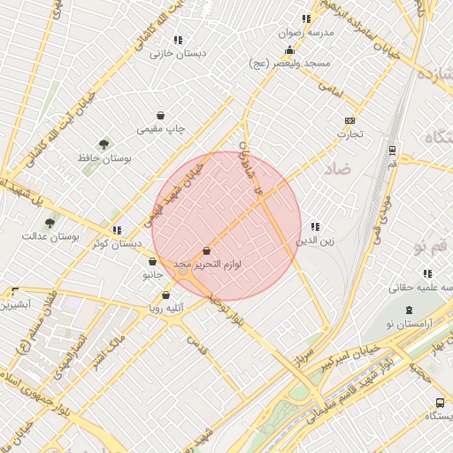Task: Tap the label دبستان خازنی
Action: click(x=178, y=54)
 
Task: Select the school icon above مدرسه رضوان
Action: click(x=306, y=19)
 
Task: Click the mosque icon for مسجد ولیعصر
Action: click(x=289, y=50)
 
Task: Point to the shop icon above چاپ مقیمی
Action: click(x=160, y=115)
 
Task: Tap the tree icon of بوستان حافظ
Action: click(x=104, y=143)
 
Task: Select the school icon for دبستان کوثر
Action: click(x=117, y=230)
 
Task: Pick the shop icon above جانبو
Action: click(x=153, y=262)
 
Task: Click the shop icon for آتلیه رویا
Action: click(x=165, y=295)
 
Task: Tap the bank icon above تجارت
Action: click(x=350, y=120)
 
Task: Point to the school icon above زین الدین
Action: click(x=315, y=226)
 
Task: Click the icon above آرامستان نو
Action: click(x=409, y=311)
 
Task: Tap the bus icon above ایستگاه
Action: click(x=440, y=403)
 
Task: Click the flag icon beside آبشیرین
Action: click(x=14, y=291)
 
